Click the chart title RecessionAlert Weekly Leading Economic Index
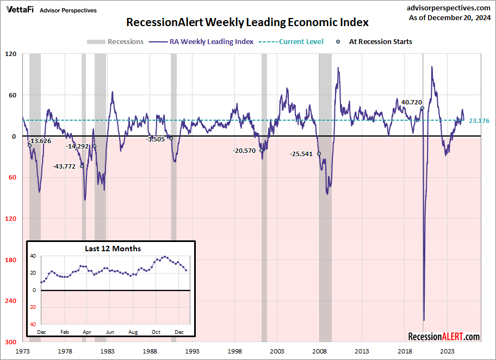pos(247,22)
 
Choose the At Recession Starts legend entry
pos(380,42)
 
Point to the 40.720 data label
pos(412,102)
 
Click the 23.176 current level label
pos(479,121)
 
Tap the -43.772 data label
pos(64,166)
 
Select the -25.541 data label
pos(301,154)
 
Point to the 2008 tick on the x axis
pos(319,351)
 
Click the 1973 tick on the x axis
pos(22,351)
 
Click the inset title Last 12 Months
pos(113,249)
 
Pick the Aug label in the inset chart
pos(133,331)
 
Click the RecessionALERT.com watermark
pos(444,337)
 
